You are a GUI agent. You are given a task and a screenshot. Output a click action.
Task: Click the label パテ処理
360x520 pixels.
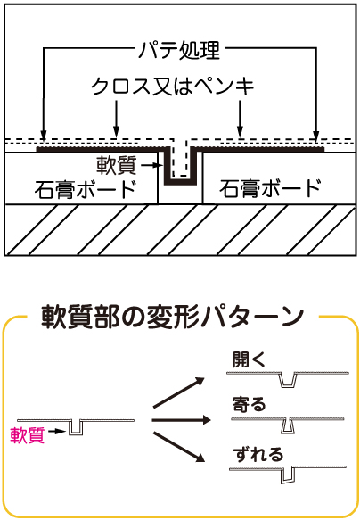click(179, 51)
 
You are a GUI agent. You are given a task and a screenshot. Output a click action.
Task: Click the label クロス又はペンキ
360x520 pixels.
click(173, 87)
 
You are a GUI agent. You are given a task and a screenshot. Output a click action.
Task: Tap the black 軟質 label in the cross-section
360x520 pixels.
click(117, 165)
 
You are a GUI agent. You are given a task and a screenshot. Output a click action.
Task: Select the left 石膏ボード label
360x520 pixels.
click(86, 189)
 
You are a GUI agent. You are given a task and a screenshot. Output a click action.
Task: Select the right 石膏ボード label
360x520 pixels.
click(270, 189)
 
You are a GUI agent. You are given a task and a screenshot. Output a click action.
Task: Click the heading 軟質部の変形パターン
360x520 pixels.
click(173, 317)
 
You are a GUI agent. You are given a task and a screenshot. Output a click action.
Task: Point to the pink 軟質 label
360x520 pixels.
click(27, 434)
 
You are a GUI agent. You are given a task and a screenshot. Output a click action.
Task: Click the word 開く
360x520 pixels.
click(249, 359)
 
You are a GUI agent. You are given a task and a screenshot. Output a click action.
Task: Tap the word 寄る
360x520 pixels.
click(249, 404)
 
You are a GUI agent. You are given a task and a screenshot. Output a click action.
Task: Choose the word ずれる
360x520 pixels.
click(258, 454)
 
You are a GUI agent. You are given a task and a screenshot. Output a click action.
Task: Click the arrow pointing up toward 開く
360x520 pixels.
click(179, 392)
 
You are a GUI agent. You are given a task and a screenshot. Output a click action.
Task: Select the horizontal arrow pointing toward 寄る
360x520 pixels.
click(182, 420)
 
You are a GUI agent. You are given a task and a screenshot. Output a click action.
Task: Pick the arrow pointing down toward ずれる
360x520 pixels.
click(179, 448)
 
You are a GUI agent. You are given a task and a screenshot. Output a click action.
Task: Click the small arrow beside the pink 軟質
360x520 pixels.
click(57, 431)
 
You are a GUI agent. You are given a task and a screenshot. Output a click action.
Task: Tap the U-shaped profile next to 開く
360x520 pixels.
click(287, 380)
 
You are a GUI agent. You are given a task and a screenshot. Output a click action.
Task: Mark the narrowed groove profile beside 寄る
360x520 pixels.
click(288, 426)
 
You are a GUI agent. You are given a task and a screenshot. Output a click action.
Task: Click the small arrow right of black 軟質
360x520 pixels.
click(151, 164)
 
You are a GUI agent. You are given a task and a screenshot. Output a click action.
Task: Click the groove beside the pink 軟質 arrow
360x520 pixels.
click(76, 428)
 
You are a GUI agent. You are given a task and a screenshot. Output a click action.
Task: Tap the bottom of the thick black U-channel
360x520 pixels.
click(183, 182)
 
